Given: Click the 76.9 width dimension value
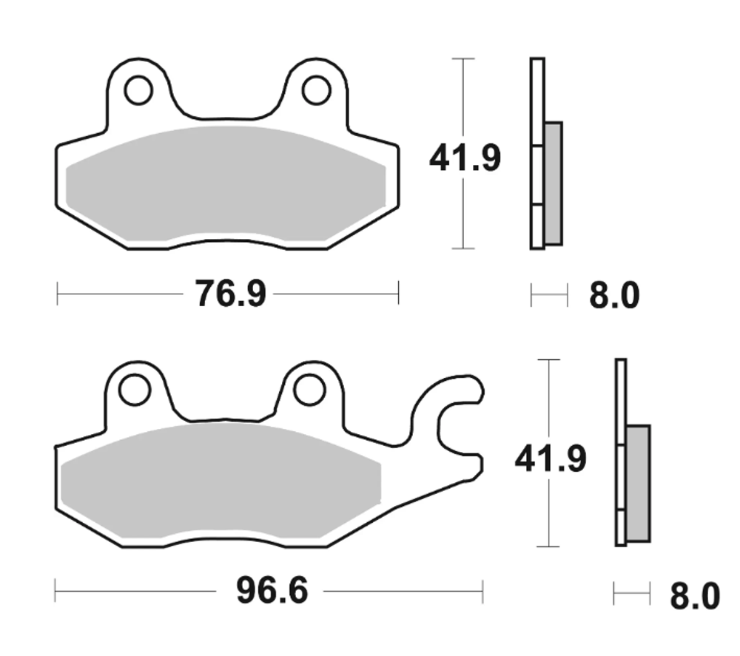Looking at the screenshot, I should tap(230, 294).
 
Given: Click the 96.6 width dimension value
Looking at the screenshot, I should tap(272, 591).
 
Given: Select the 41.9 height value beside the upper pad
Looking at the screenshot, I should tap(465, 158).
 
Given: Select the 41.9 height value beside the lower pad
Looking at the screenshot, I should tap(551, 459).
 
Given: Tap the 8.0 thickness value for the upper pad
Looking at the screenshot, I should tap(613, 297).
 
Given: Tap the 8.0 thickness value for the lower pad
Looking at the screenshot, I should tap(694, 596).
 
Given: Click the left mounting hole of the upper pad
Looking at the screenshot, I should tap(138, 90).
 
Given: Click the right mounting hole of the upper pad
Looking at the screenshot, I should tap(316, 90).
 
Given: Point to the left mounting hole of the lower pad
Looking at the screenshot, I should tap(135, 390).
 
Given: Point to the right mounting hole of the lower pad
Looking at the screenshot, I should tap(309, 390).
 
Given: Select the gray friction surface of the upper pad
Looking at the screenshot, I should tap(226, 185).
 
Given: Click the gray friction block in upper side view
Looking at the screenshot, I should tap(553, 183).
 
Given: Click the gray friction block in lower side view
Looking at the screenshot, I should tap(638, 482).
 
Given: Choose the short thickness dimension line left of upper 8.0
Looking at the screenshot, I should tap(549, 295).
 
